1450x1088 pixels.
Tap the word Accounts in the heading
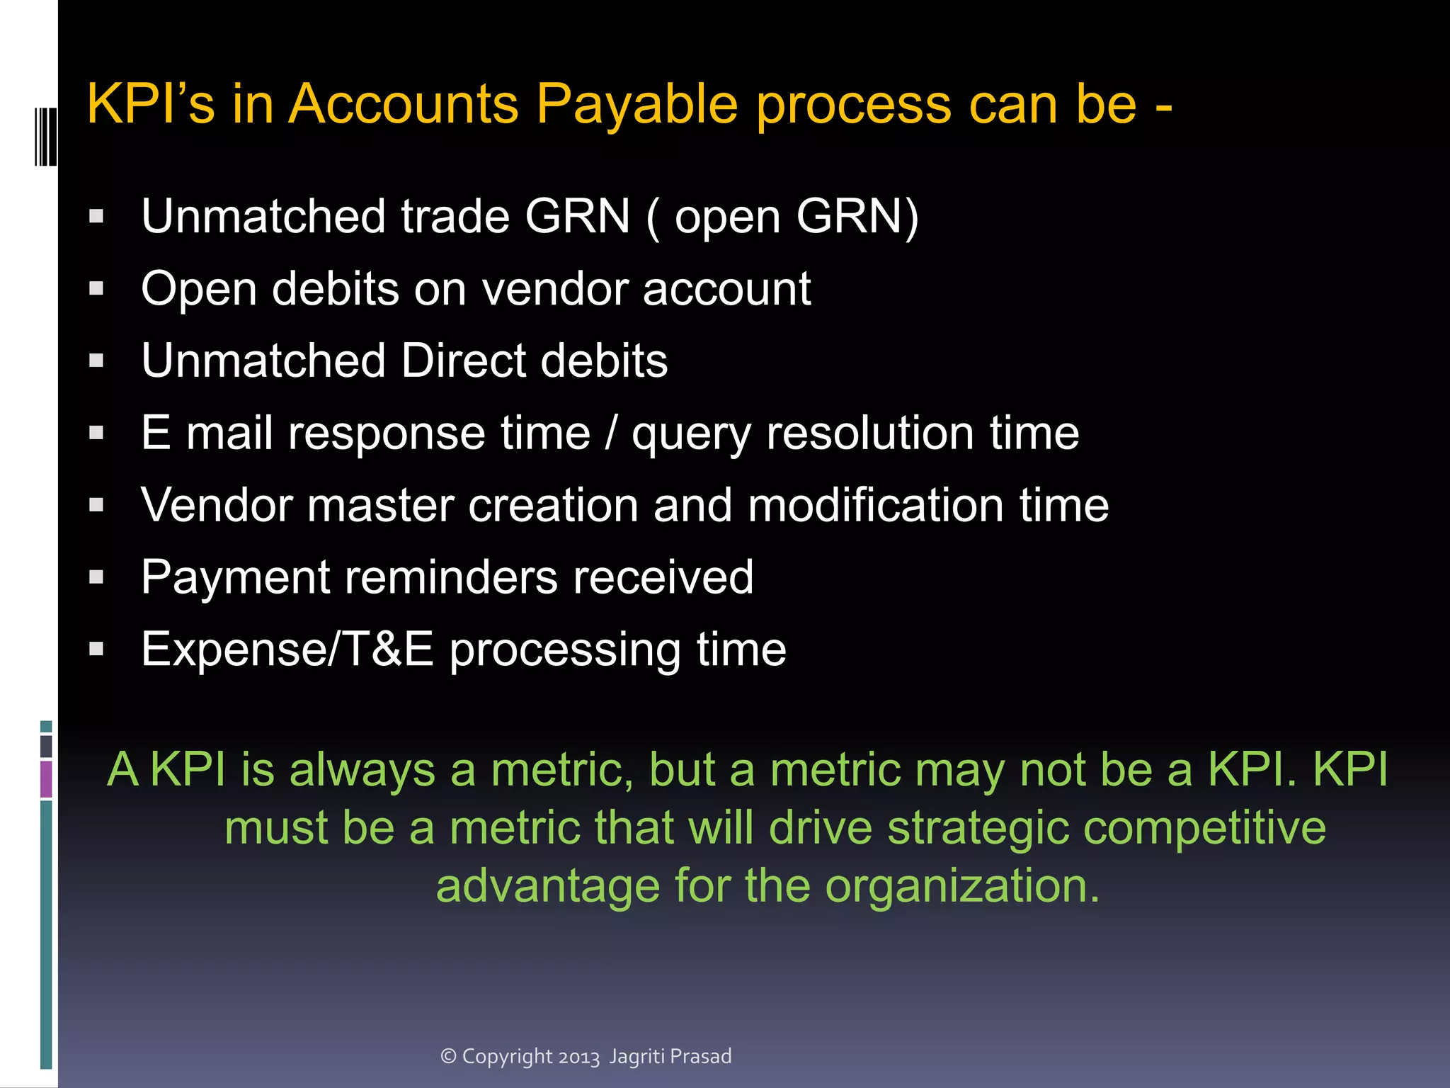404,105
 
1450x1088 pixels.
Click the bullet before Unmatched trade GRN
97,216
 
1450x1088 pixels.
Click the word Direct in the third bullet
463,361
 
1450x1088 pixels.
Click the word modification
875,506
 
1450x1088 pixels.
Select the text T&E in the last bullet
388,650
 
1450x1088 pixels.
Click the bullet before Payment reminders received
97,577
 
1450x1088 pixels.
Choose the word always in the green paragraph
362,769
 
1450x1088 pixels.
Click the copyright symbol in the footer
448,1056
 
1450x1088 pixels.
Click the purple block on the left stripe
46,778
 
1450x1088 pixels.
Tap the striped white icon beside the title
45,137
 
